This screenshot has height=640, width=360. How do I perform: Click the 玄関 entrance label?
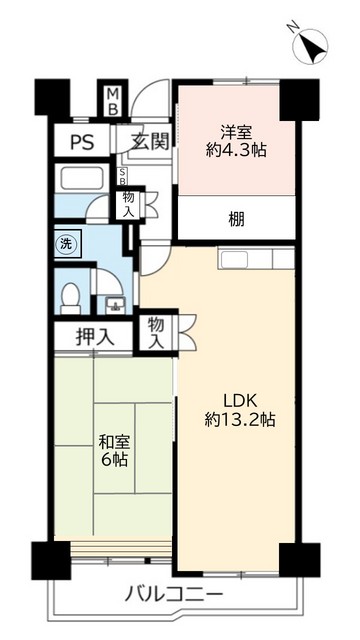147,142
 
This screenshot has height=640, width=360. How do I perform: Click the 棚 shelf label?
236,219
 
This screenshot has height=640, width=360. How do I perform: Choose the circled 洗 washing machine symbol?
65,243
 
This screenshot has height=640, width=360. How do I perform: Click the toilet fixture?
70,297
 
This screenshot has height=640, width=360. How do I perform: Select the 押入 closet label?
95,337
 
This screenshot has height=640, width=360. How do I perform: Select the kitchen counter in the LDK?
256,260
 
